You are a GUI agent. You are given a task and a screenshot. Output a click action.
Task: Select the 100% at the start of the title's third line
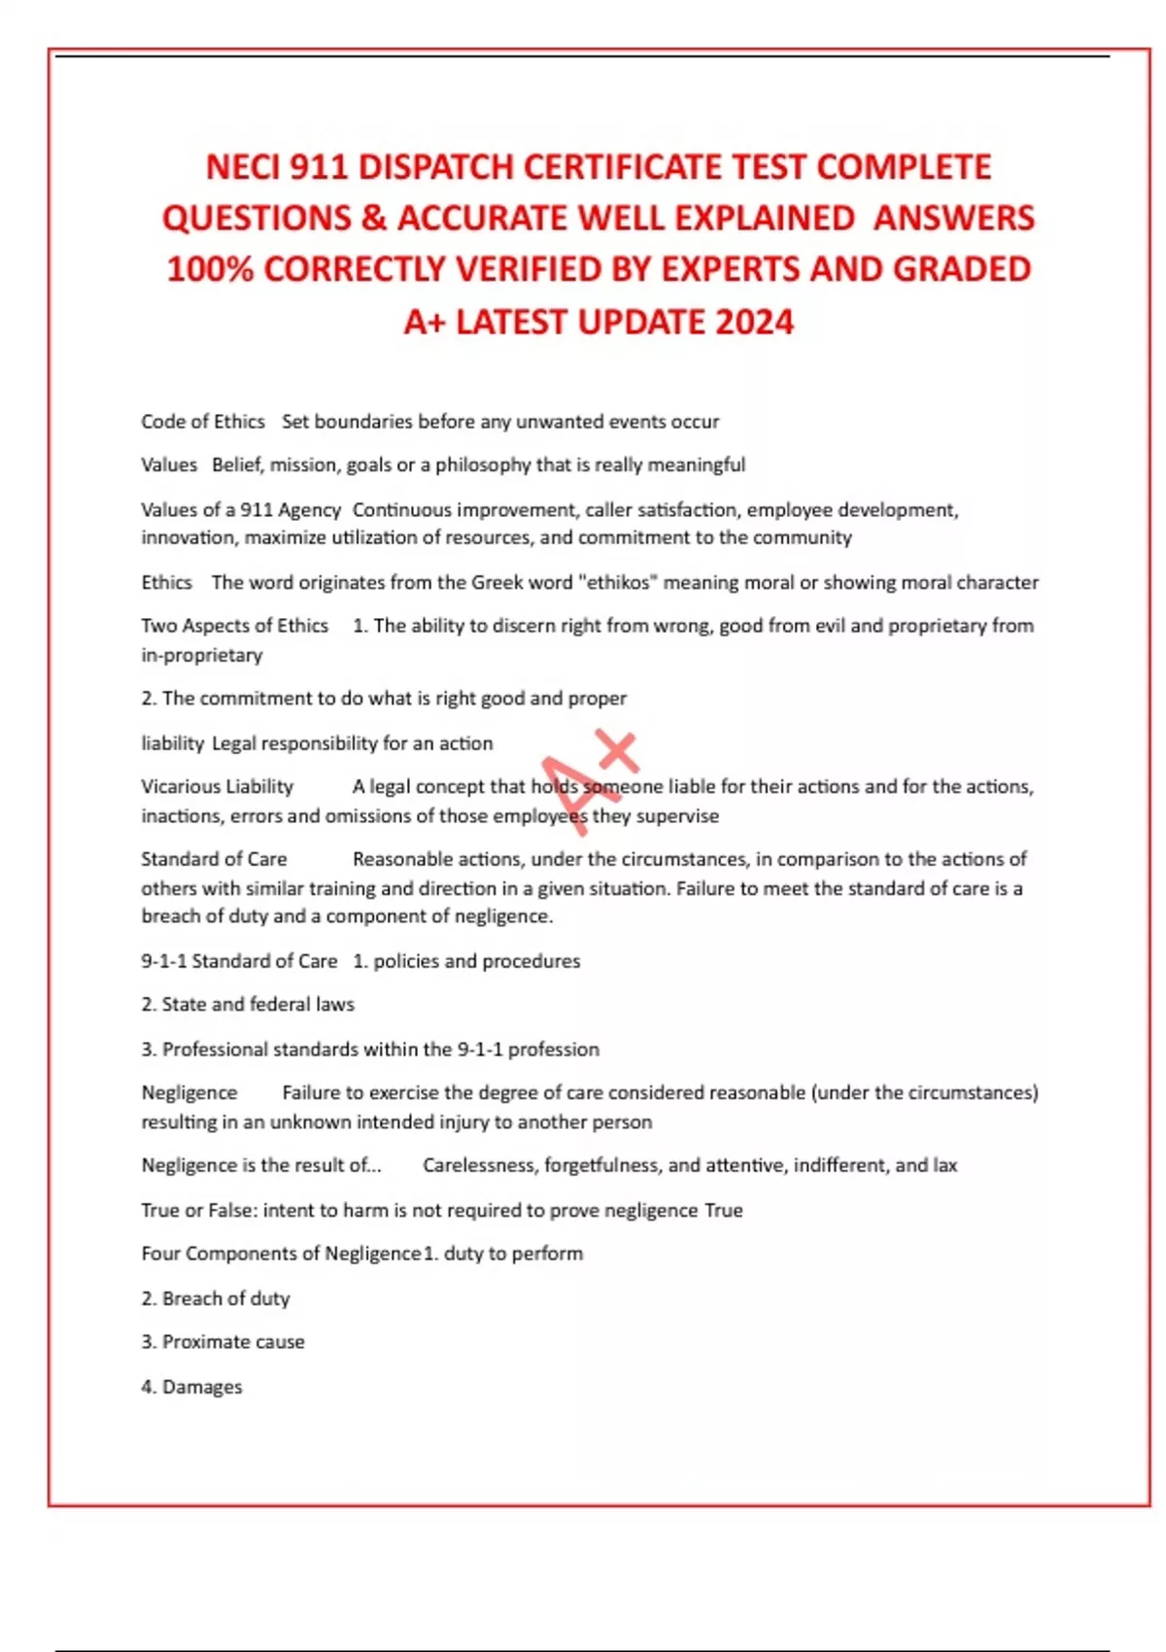tap(209, 269)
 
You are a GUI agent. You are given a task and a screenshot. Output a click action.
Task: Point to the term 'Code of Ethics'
tap(203, 422)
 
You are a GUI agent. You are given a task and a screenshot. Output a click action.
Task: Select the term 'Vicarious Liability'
tap(217, 786)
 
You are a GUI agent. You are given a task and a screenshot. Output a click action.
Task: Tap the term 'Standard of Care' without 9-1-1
tap(214, 859)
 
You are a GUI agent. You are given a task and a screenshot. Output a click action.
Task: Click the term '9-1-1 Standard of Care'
tap(239, 961)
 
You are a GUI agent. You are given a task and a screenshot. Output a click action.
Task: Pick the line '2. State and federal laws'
tap(248, 1005)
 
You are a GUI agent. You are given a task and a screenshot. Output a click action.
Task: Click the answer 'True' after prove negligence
tap(723, 1210)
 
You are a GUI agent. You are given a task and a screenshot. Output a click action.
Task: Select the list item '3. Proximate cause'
tap(223, 1342)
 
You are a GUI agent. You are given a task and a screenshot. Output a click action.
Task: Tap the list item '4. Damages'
tap(191, 1387)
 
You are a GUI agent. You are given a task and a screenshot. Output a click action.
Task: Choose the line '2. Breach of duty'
tap(216, 1298)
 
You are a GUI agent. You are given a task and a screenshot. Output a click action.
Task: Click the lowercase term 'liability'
tap(172, 743)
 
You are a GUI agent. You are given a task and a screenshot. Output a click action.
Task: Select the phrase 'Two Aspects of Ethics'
tap(234, 626)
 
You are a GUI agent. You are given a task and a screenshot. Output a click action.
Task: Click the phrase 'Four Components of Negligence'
tap(281, 1254)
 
